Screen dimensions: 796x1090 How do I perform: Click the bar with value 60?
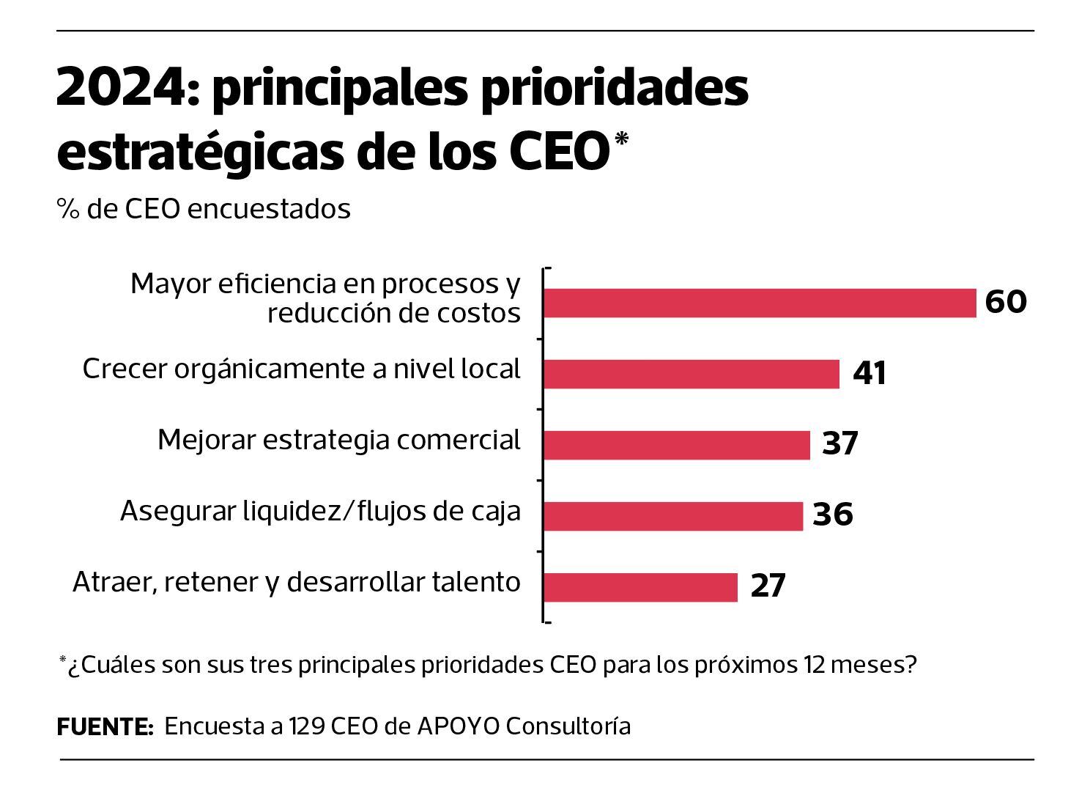click(x=760, y=303)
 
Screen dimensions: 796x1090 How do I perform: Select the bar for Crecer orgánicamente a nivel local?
click(x=691, y=374)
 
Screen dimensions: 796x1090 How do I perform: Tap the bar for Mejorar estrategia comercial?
click(x=676, y=445)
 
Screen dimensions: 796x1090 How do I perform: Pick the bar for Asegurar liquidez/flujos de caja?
click(x=672, y=516)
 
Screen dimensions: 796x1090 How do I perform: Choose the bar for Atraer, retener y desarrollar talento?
click(x=640, y=587)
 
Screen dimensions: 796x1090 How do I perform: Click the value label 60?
click(x=1005, y=302)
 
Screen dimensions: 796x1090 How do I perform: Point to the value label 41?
click(x=870, y=374)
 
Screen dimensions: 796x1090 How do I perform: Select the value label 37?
click(x=839, y=444)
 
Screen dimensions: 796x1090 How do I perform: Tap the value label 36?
click(x=833, y=515)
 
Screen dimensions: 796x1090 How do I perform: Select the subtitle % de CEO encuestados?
click(x=204, y=210)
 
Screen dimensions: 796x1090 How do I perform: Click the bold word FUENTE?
click(x=105, y=727)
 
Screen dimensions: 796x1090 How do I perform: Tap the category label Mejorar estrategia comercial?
click(x=338, y=440)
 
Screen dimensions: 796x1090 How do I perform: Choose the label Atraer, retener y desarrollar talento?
click(x=297, y=582)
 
